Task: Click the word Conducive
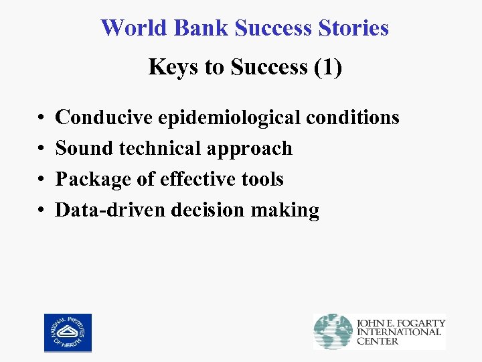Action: coord(104,117)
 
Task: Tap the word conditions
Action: coord(352,117)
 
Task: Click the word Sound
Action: coord(84,148)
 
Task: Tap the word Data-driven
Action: coord(110,210)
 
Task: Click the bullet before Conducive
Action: coord(42,119)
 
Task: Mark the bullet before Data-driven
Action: coord(42,211)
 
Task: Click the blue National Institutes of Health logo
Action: coord(68,333)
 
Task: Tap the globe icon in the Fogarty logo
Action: coord(333,331)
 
